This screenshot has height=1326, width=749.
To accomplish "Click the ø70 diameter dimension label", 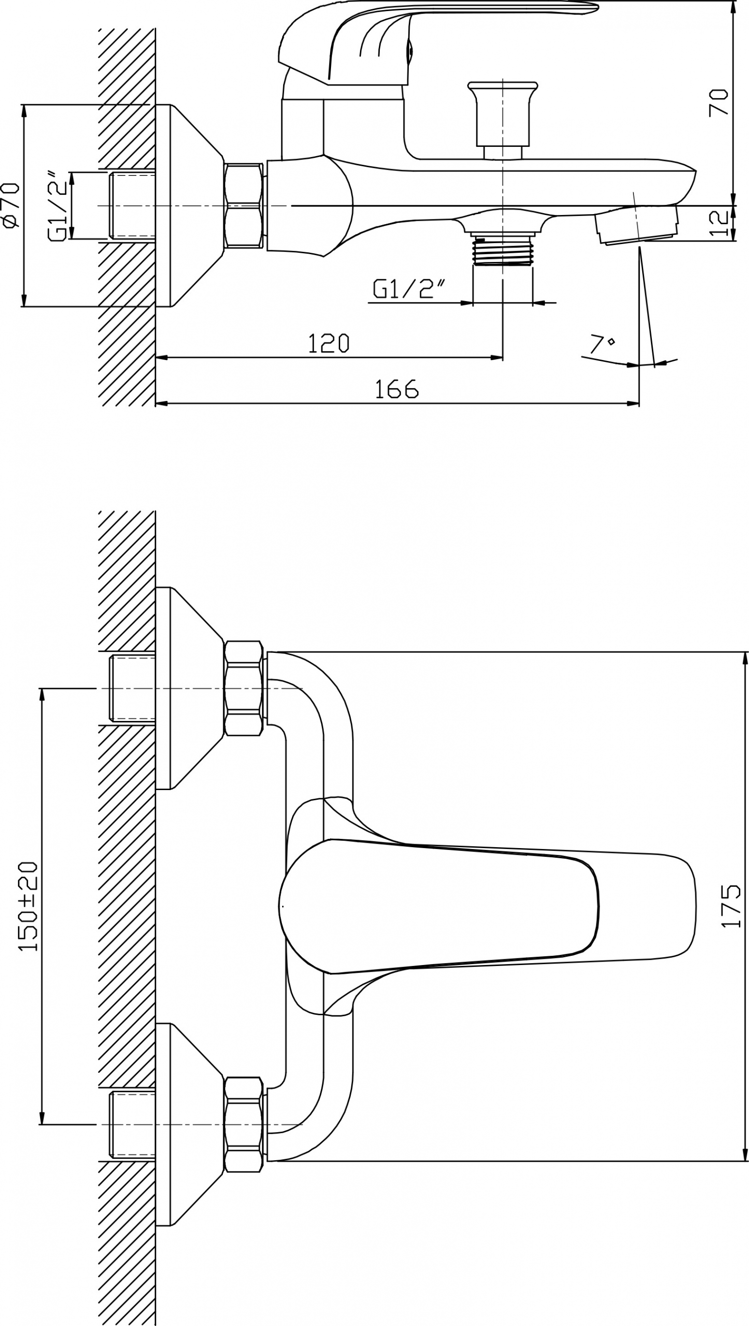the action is click(11, 205).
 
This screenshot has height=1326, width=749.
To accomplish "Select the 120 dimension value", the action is click(329, 343).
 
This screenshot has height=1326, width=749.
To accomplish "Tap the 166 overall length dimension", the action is click(396, 389).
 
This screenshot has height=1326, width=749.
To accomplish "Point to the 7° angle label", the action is click(602, 344).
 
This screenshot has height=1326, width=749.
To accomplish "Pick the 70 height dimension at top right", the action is click(719, 102).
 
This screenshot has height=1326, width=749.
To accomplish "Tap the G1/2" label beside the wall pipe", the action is click(58, 205).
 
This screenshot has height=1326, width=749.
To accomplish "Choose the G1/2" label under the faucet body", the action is click(409, 289).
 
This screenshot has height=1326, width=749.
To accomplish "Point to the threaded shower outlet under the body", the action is click(503, 249).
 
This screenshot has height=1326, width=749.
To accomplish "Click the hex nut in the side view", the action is click(244, 205).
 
